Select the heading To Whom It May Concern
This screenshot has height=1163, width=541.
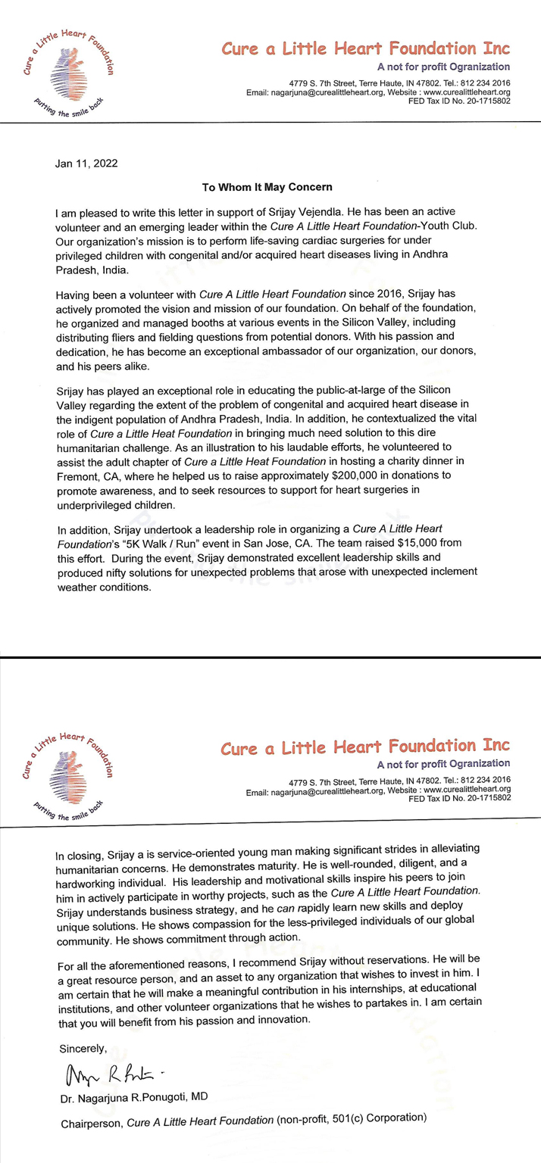270,186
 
